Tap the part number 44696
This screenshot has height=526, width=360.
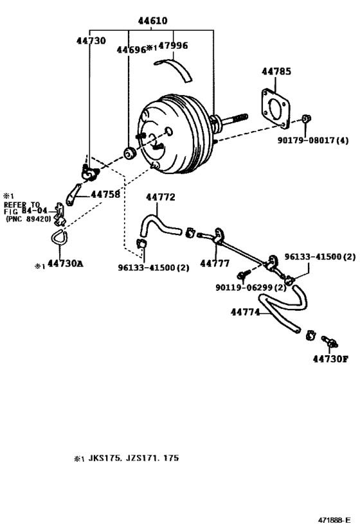click(x=130, y=49)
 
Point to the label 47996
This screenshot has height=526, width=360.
click(x=173, y=47)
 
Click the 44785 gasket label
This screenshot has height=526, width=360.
click(x=277, y=71)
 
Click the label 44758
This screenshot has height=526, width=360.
click(x=105, y=193)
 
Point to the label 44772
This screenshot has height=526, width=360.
click(x=160, y=197)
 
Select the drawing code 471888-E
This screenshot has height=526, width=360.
click(x=334, y=518)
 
